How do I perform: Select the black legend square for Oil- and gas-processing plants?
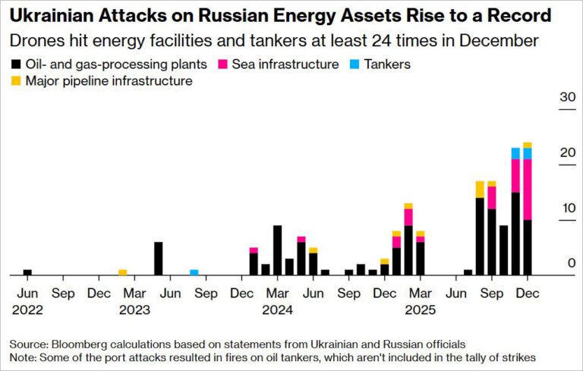point(16,64)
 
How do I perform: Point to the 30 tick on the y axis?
point(566,98)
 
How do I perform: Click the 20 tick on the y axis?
point(566,152)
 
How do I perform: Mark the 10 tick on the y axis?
point(566,208)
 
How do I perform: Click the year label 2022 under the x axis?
point(27,310)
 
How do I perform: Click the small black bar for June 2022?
point(27,272)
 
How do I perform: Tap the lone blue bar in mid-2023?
point(194,272)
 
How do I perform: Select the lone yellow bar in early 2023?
point(122,272)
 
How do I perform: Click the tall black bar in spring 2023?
point(158,259)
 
